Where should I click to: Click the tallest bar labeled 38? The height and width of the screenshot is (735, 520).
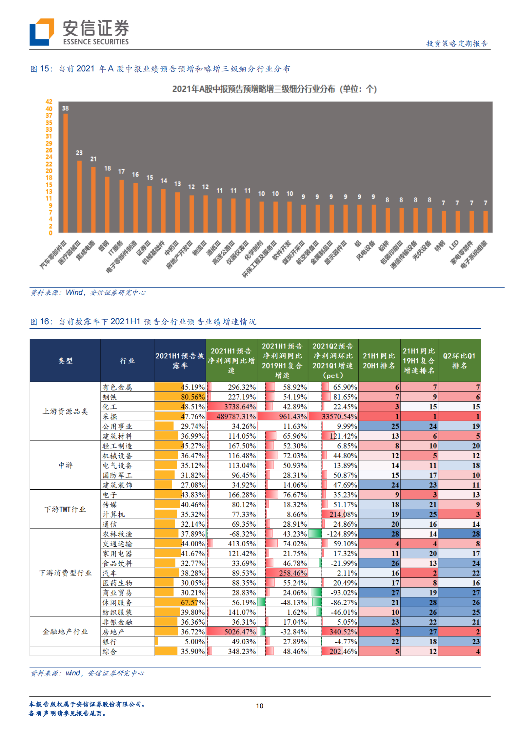point(66,173)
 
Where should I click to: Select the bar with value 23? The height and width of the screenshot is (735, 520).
point(79,197)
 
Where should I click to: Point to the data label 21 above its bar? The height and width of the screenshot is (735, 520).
point(93,159)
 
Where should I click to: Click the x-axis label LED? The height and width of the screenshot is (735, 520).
point(454,245)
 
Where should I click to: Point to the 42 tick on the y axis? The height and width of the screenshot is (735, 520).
point(49,102)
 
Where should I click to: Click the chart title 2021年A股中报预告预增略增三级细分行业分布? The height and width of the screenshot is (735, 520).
point(274,89)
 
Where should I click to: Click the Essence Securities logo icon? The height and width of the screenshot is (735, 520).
point(42,32)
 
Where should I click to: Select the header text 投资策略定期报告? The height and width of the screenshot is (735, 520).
point(457,44)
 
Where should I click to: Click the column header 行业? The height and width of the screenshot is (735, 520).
point(127,361)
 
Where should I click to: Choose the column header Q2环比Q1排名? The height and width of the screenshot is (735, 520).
point(459,361)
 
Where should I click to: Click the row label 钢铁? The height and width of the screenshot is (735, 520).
point(110,397)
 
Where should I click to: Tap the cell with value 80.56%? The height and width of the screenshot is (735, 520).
point(192,397)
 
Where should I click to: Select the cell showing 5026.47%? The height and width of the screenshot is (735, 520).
point(240,631)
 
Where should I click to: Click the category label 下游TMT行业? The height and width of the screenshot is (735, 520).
point(65,509)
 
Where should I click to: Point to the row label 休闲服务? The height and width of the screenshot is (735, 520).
point(117,602)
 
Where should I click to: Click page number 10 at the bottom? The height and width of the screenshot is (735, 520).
point(259,706)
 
